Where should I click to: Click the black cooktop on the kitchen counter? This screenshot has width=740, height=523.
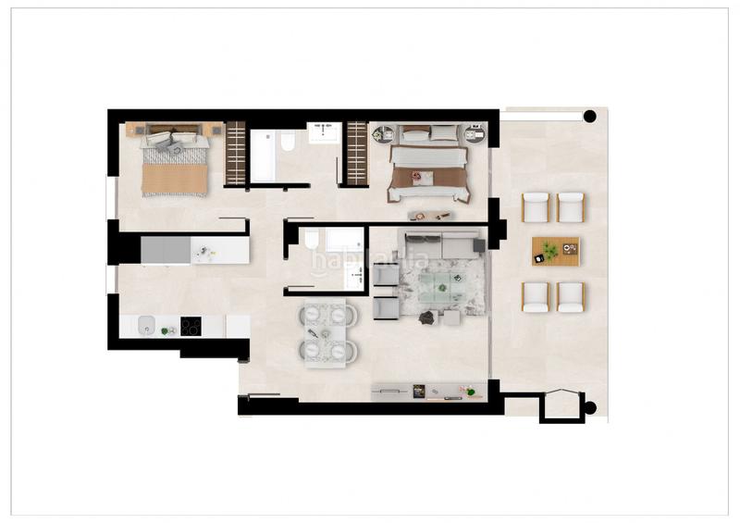point(191,326)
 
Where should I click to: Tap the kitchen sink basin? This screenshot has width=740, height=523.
point(145,325)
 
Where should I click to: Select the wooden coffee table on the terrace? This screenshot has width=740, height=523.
point(555,251)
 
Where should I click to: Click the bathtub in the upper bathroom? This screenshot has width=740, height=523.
point(263,156)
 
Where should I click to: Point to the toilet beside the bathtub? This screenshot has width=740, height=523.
point(288,142)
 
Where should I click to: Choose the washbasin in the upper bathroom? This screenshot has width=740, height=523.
point(324,132)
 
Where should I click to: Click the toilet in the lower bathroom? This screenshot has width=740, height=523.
point(313,243)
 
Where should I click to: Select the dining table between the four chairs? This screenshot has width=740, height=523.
point(328,331)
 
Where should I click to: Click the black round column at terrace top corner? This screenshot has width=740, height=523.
point(589,116)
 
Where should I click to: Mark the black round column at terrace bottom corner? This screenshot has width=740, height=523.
point(589,405)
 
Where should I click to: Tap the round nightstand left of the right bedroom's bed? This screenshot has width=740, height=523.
point(380,135)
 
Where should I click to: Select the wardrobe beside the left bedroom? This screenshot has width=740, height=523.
point(236,153)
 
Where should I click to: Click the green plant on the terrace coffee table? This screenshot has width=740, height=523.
point(550,249)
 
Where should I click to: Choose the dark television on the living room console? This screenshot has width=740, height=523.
point(418,392)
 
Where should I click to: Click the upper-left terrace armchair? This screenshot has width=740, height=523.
point(536,207)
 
